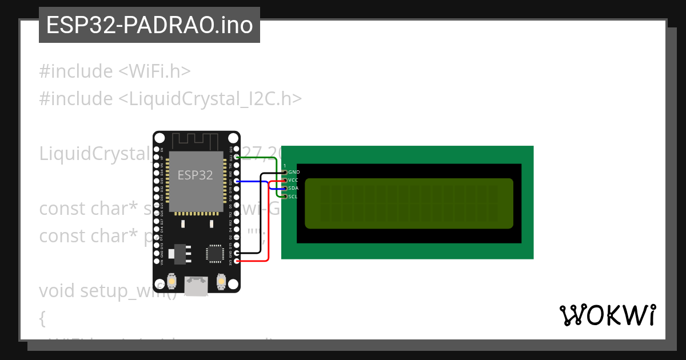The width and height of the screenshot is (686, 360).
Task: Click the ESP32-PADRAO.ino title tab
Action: click(x=149, y=25)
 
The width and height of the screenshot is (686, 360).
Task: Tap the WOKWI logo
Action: click(x=607, y=315)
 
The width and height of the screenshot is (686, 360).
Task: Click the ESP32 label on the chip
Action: click(x=195, y=175)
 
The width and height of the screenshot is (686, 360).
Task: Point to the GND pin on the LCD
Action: click(x=285, y=172)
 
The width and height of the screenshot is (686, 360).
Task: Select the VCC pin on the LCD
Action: click(x=285, y=180)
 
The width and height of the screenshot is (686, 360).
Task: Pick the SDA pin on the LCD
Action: click(x=285, y=188)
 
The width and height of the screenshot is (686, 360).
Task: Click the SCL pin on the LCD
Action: click(x=285, y=196)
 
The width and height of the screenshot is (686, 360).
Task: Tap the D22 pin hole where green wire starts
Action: click(x=237, y=157)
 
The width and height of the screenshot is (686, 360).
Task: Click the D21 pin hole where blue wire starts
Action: click(x=237, y=181)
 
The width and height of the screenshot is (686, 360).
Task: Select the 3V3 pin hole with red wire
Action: click(x=237, y=261)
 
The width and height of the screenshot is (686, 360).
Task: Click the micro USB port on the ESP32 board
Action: click(x=196, y=285)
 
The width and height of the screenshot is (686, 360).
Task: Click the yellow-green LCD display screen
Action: click(x=409, y=203)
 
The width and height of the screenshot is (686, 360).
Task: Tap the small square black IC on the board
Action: click(x=216, y=253)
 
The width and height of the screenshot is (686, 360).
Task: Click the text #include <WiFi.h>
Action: click(x=114, y=71)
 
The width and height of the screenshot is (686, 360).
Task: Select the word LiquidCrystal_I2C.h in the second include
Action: click(x=209, y=99)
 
